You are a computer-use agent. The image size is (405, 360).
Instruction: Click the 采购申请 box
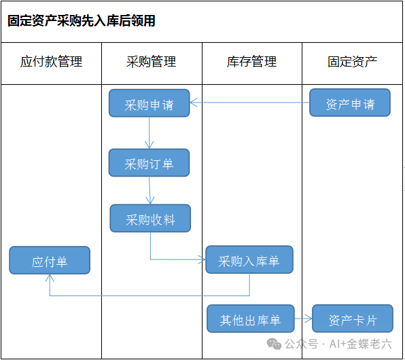click(x=149, y=103)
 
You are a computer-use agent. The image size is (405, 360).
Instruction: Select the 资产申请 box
click(x=350, y=103)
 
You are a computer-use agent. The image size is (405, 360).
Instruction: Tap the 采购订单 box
click(x=149, y=163)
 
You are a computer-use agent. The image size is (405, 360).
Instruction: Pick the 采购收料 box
click(x=150, y=219)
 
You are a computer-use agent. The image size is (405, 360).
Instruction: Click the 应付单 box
click(x=50, y=260)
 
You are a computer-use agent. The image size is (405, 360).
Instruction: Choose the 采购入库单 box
click(x=249, y=259)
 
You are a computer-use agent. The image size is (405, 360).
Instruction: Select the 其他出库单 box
click(x=251, y=319)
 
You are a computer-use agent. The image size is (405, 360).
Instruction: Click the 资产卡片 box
click(x=353, y=319)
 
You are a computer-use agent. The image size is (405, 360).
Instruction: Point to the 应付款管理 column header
click(x=51, y=62)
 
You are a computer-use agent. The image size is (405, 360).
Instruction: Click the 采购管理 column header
click(x=151, y=62)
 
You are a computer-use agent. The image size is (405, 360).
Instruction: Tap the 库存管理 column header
click(x=251, y=62)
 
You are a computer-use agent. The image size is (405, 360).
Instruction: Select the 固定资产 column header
click(x=352, y=62)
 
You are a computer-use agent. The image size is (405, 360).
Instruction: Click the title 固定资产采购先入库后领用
click(x=82, y=21)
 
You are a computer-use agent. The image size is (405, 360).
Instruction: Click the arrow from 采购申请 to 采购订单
click(x=149, y=133)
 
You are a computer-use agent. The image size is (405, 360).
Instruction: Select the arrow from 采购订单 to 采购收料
click(x=149, y=191)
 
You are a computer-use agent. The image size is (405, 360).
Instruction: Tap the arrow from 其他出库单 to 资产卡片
click(x=303, y=319)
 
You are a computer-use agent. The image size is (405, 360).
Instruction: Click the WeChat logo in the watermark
click(x=274, y=344)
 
